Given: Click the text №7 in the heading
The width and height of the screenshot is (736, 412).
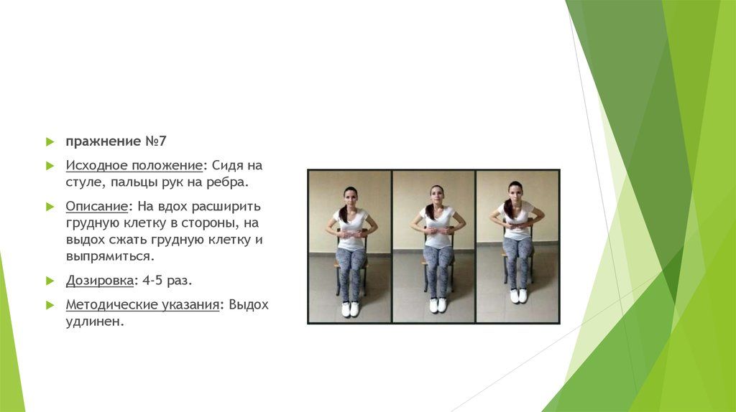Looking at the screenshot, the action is [156, 141].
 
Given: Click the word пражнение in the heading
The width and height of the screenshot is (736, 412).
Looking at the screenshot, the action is [103, 141].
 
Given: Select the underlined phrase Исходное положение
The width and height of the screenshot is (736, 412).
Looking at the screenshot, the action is [134, 166].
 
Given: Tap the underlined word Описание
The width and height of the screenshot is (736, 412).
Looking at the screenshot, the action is [97, 206].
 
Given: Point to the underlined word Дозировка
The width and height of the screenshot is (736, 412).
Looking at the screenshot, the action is [100, 281].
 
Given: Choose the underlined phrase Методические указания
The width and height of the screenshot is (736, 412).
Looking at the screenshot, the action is [143, 304].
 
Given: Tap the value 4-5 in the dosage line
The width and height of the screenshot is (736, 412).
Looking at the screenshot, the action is [152, 281].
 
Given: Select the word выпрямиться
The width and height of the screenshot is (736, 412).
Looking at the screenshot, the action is [110, 256].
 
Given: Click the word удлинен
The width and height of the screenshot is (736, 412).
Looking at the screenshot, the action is [95, 322].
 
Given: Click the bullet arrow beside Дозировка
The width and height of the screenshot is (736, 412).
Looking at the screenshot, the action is [50, 281].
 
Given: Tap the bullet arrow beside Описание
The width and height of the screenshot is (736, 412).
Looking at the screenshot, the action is [50, 207].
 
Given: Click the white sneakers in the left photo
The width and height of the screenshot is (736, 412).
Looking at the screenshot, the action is [350, 309].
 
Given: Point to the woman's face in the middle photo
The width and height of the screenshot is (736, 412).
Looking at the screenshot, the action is [436, 196].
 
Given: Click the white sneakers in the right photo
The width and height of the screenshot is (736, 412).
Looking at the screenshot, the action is [519, 295].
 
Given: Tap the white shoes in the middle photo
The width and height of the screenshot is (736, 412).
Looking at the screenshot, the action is [438, 304].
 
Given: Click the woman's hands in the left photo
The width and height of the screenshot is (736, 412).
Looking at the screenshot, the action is [351, 233].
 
